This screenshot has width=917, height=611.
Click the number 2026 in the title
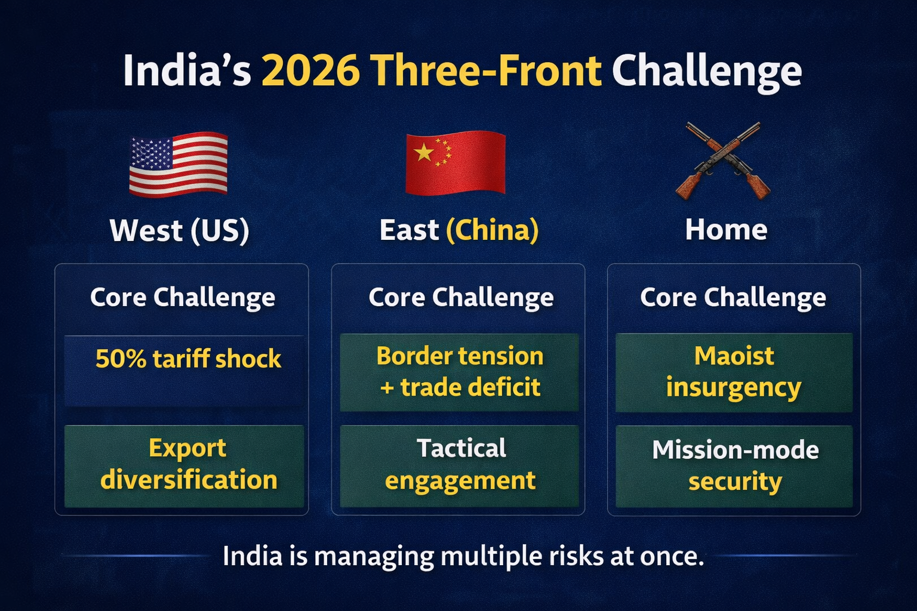coord(310,71)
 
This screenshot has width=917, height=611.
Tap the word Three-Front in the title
coord(488,71)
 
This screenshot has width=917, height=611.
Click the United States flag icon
coord(179,164)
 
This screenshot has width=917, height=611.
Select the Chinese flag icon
coord(455,163)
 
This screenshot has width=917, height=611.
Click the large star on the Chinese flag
coord(423,153)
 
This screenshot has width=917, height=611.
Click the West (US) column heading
coord(179,230)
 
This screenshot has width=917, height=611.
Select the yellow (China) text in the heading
coord(492,230)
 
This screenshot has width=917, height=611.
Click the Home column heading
coord(726,230)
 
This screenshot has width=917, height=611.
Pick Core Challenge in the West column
coord(182,297)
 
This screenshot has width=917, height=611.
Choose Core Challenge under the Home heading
coord(733,297)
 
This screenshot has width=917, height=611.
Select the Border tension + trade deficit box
coord(459,372)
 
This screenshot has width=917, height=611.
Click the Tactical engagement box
coord(459,465)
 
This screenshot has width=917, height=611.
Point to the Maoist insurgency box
coord(734,372)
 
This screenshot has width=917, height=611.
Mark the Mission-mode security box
coord(734,465)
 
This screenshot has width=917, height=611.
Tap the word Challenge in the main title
coord(706,71)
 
